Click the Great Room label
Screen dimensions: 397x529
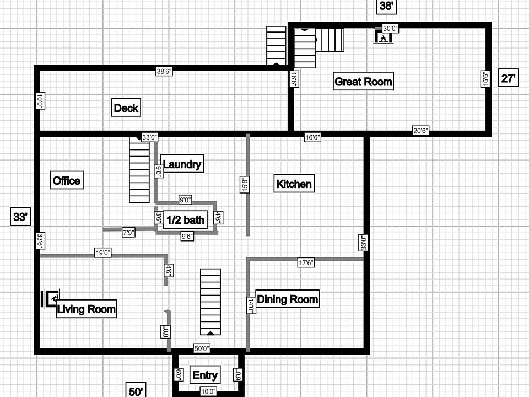364,82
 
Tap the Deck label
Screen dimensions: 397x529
126,108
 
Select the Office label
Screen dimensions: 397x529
67,180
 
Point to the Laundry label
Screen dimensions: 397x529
182,164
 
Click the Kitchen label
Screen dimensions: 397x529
294,184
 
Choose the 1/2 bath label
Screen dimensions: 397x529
186,220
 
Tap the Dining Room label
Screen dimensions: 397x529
287,299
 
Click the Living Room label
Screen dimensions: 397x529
87,309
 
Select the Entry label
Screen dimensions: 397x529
205,375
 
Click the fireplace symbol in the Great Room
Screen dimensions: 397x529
382,37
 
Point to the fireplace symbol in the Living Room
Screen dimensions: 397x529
52,298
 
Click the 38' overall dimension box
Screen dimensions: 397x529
386,6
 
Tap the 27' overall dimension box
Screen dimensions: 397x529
509,78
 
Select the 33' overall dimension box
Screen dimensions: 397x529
20,217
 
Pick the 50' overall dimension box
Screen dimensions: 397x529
136,390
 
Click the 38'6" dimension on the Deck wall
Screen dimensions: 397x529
164,71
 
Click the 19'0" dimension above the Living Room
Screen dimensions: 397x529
103,253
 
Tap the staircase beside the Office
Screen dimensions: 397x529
139,170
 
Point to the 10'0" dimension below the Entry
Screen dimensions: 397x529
208,391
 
